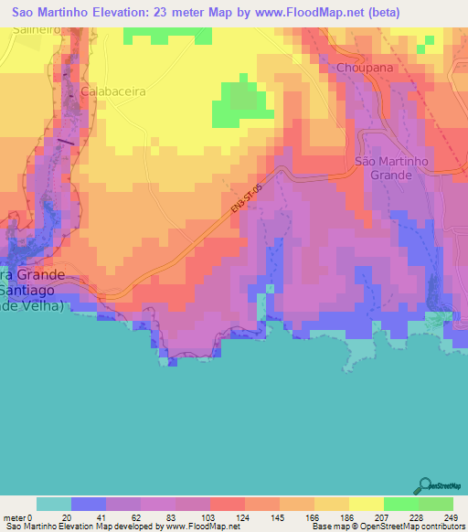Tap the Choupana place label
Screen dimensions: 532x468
365,68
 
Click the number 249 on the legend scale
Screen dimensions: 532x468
452,516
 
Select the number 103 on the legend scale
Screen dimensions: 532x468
209,516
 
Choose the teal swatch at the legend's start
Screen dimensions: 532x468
54,504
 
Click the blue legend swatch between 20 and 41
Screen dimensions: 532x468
89,504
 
